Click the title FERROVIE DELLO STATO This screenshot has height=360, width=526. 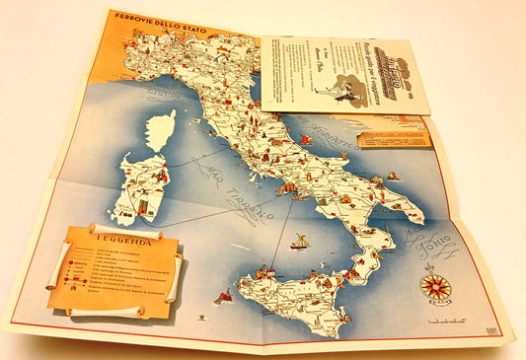148,18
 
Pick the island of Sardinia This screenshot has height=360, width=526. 138,187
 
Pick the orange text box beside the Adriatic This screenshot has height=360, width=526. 395,138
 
